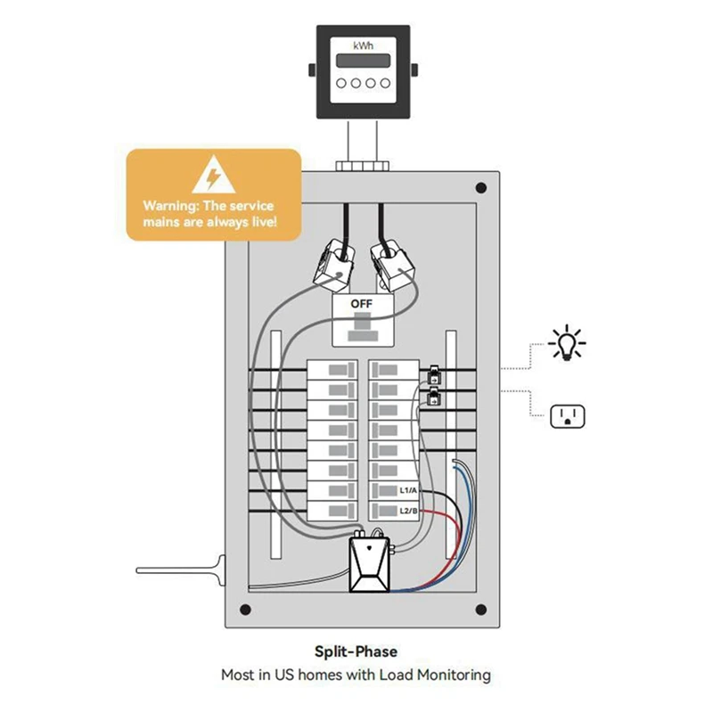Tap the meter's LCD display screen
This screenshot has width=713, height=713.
(363, 61)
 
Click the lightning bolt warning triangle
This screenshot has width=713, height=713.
(214, 176)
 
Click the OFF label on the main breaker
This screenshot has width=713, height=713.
(362, 303)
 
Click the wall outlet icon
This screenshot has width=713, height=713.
(566, 415)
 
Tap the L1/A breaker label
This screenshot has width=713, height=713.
(408, 491)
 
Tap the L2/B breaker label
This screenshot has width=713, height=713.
(408, 510)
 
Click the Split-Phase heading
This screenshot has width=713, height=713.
(356, 652)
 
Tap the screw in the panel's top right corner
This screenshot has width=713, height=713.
(481, 188)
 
